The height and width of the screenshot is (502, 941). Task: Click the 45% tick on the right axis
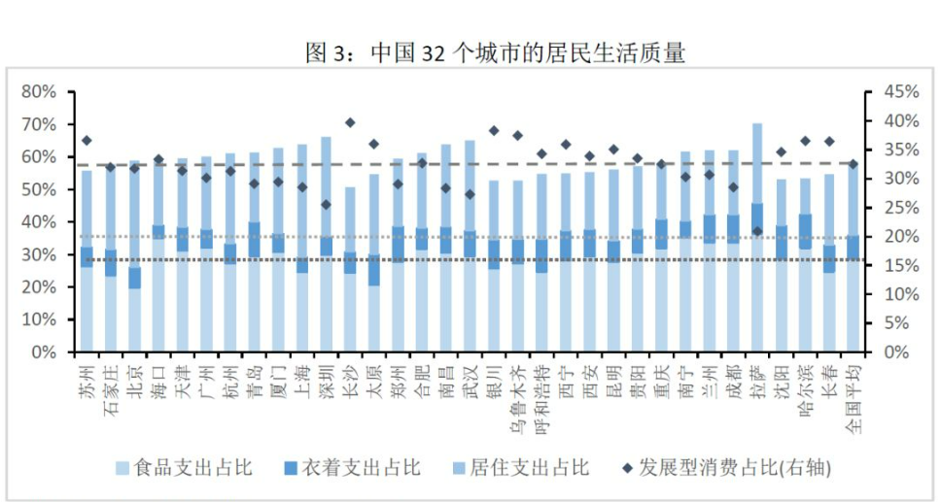point(900,92)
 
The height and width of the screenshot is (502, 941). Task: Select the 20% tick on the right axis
point(900,236)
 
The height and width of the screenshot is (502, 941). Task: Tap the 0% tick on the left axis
point(43,351)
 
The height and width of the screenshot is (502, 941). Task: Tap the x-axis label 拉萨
point(756,374)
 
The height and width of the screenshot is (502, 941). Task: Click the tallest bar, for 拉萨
point(756,243)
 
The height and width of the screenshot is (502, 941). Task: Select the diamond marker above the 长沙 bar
point(350,123)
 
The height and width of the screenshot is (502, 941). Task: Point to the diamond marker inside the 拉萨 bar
point(756,231)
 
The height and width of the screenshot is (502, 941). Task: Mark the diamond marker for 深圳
point(326,205)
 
